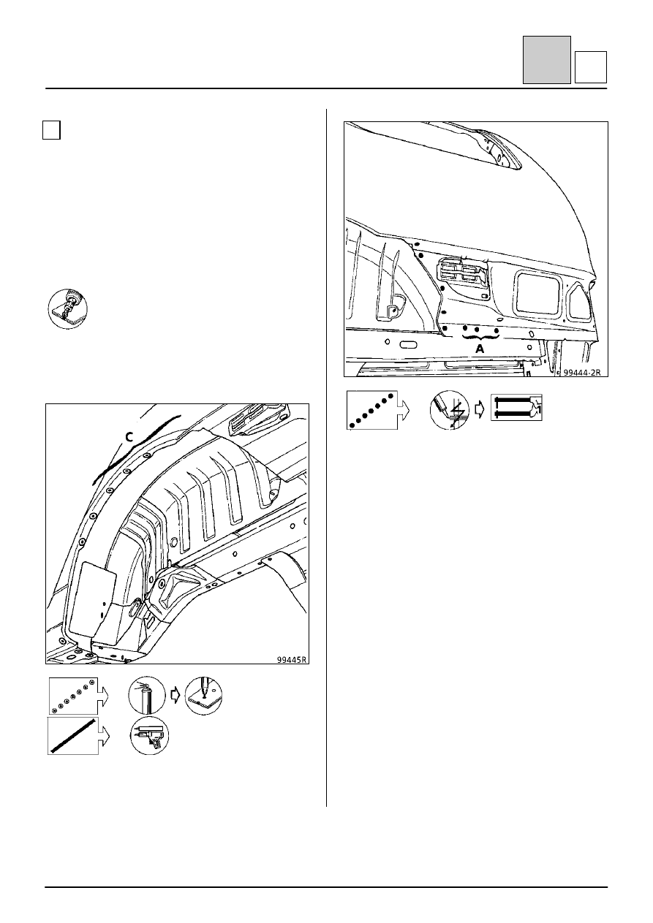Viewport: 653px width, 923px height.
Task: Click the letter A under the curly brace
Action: pos(480,349)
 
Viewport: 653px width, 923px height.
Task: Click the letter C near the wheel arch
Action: pos(129,437)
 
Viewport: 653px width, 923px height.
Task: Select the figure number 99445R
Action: pos(292,659)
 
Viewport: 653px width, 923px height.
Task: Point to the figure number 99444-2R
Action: pos(581,372)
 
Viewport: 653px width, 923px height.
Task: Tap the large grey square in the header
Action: pos(547,60)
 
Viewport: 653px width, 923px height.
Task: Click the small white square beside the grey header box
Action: pos(591,67)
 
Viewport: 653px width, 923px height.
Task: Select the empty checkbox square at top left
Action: pos(51,130)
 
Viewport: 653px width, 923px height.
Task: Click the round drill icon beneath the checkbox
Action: pos(67,308)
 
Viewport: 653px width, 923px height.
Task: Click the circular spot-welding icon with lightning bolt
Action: pos(450,410)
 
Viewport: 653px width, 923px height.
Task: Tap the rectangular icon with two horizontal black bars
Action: pos(516,407)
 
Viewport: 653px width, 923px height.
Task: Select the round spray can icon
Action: pos(147,695)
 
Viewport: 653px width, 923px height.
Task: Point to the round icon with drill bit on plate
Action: pos(203,696)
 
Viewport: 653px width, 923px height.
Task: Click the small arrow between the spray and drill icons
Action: pos(175,696)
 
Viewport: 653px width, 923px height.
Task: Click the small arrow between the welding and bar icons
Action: pos(480,410)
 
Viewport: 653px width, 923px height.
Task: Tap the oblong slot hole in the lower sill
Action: pos(408,344)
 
